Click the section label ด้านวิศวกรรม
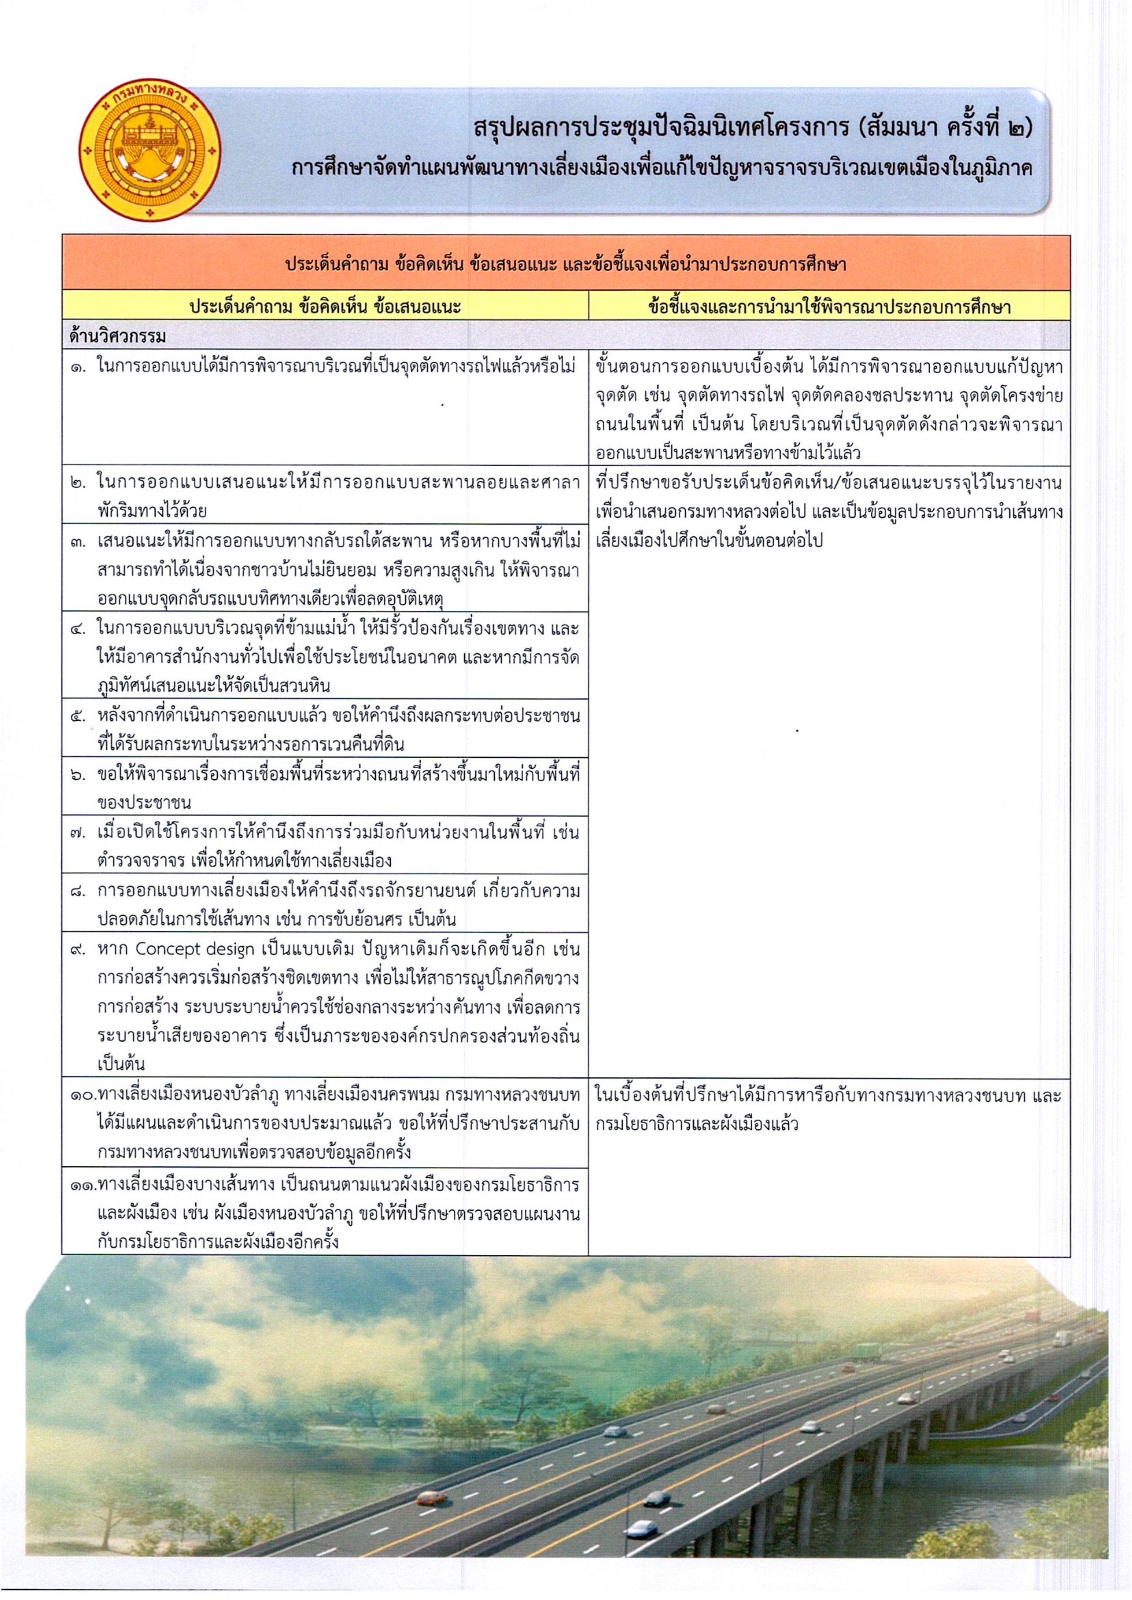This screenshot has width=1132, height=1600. [117, 336]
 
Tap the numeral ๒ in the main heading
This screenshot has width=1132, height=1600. [1016, 130]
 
